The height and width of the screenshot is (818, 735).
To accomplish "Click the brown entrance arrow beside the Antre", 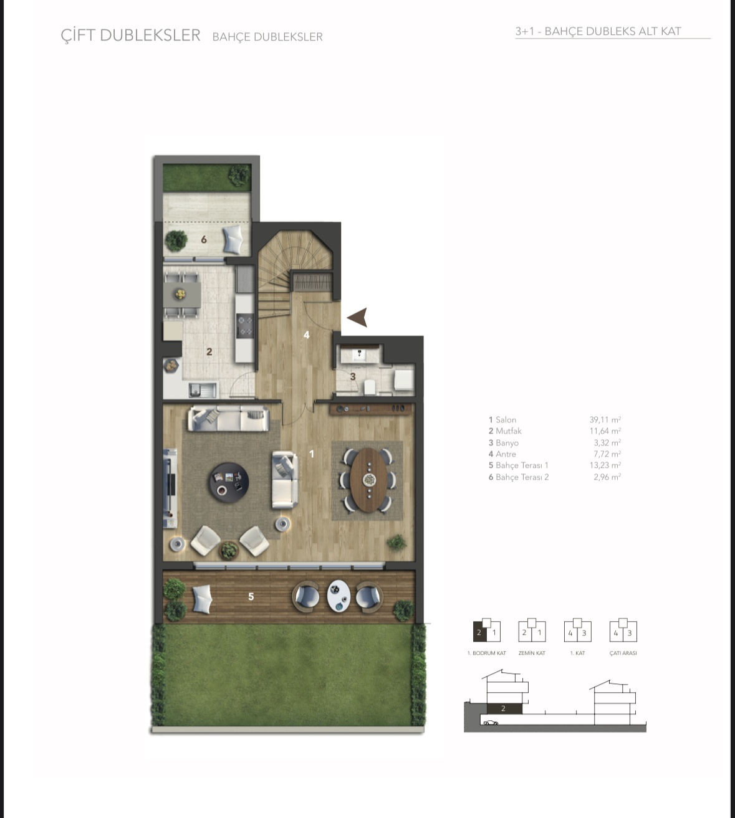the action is (358, 317).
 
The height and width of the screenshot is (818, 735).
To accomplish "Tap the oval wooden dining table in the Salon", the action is (369, 480).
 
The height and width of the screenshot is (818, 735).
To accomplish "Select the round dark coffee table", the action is (229, 482).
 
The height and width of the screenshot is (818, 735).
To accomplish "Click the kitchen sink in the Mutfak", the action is (203, 390).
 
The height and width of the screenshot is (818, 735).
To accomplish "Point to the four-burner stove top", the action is (245, 325).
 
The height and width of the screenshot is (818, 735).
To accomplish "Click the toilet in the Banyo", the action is (370, 387).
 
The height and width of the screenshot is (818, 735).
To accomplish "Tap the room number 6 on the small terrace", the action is (204, 239).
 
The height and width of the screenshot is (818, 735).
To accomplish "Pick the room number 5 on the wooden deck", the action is (251, 596).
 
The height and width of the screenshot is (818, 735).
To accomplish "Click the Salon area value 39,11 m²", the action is (605, 419).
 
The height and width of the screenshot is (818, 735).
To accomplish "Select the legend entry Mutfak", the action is (505, 430).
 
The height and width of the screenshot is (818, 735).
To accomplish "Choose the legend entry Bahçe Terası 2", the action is (519, 477).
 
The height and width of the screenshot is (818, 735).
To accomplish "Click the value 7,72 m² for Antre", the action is (607, 454).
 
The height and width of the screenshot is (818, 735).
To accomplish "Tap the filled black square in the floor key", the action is (479, 633).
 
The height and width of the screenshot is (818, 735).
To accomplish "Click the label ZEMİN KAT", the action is (532, 653).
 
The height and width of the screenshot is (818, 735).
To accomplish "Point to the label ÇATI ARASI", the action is (623, 653).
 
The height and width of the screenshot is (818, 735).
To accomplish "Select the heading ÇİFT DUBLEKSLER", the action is (130, 35).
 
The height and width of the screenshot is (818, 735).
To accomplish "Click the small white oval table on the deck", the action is (339, 596).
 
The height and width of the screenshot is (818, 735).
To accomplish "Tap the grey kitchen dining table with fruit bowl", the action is (182, 294).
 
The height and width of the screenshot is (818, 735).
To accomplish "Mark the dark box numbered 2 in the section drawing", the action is (504, 708).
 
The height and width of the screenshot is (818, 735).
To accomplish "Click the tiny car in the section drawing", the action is (491, 723).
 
